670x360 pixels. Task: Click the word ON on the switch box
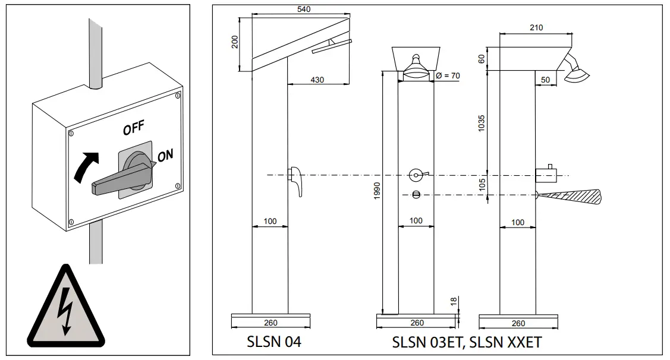[x=166, y=155]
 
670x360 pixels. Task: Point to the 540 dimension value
[x=303, y=9]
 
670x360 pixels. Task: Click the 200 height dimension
[x=235, y=42]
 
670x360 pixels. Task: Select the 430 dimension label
[x=317, y=80]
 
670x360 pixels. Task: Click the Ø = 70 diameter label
[x=448, y=75]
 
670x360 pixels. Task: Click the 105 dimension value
[x=482, y=185]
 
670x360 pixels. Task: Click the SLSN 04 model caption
[x=273, y=343]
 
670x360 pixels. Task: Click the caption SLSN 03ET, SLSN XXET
[x=467, y=343]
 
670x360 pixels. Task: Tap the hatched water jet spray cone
[x=571, y=195]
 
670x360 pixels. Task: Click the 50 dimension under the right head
[x=544, y=80]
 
